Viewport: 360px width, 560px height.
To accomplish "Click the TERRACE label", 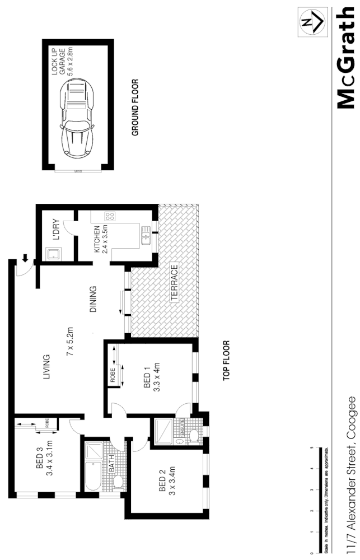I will [175, 283].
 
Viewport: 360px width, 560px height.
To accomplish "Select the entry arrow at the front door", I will [25, 259].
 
